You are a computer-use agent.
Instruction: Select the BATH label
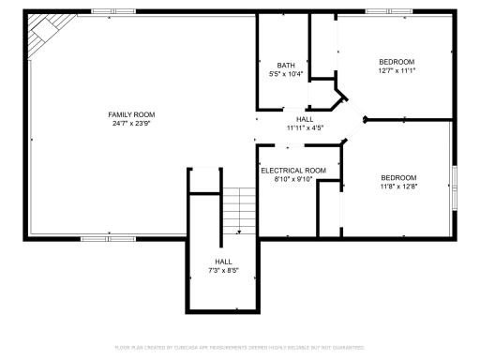pyautogui.click(x=285, y=65)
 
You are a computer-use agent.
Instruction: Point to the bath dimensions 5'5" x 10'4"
pyautogui.click(x=285, y=73)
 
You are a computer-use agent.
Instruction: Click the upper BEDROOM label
pyautogui.click(x=397, y=61)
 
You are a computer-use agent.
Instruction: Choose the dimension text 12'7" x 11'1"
pyautogui.click(x=397, y=69)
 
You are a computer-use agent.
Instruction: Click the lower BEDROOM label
pyautogui.click(x=398, y=177)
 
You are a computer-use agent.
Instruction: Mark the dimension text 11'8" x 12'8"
pyautogui.click(x=398, y=186)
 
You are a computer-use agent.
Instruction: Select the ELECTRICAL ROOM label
pyautogui.click(x=293, y=170)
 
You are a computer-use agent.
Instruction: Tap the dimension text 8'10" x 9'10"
pyautogui.click(x=293, y=178)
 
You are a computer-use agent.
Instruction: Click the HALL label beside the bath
pyautogui.click(x=305, y=119)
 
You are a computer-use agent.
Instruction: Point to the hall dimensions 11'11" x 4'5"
pyautogui.click(x=305, y=127)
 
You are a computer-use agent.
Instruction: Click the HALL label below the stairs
pyautogui.click(x=223, y=262)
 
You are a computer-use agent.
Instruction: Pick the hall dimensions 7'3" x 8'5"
pyautogui.click(x=223, y=270)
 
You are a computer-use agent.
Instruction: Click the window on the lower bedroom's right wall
pyautogui.click(x=453, y=177)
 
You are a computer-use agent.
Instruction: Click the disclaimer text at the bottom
pyautogui.click(x=240, y=346)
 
